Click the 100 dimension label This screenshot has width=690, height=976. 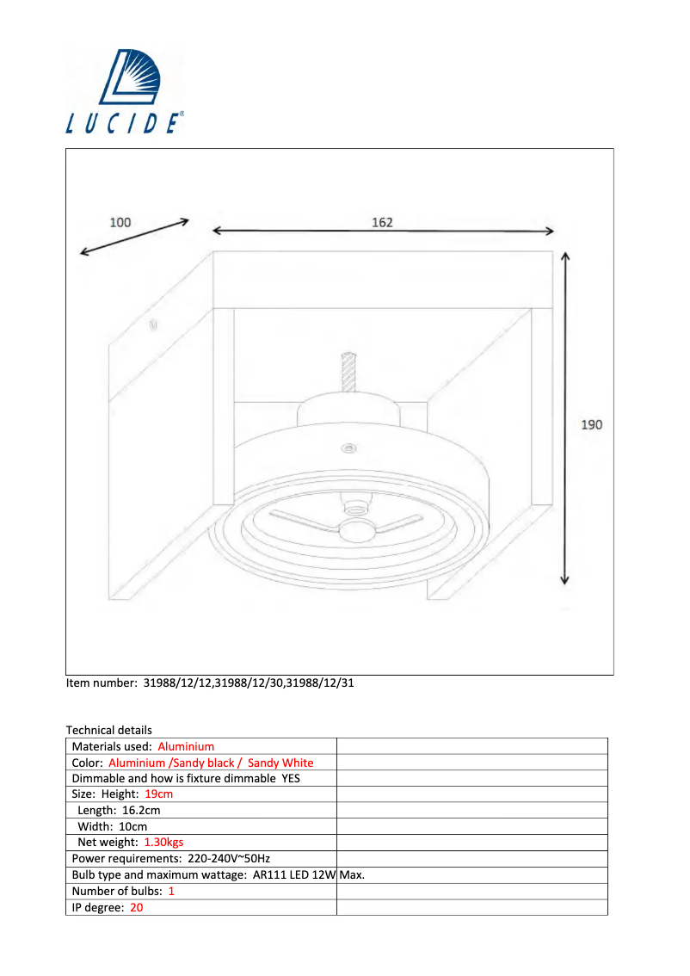click(x=120, y=222)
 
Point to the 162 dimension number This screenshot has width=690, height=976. click(x=382, y=222)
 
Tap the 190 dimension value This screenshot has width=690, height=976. click(x=592, y=424)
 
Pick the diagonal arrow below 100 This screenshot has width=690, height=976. click(x=134, y=237)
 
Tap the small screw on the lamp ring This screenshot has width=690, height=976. click(x=348, y=448)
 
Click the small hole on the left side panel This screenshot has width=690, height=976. click(x=153, y=325)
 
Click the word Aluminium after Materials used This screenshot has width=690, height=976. click(x=186, y=746)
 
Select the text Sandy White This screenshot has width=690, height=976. click(x=280, y=763)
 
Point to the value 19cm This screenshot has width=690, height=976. click(x=159, y=794)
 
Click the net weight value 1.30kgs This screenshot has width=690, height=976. click(x=163, y=842)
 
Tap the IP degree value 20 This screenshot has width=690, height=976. click(x=137, y=906)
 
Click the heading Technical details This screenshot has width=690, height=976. click(x=108, y=730)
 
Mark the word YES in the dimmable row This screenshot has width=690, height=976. click(x=291, y=778)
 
